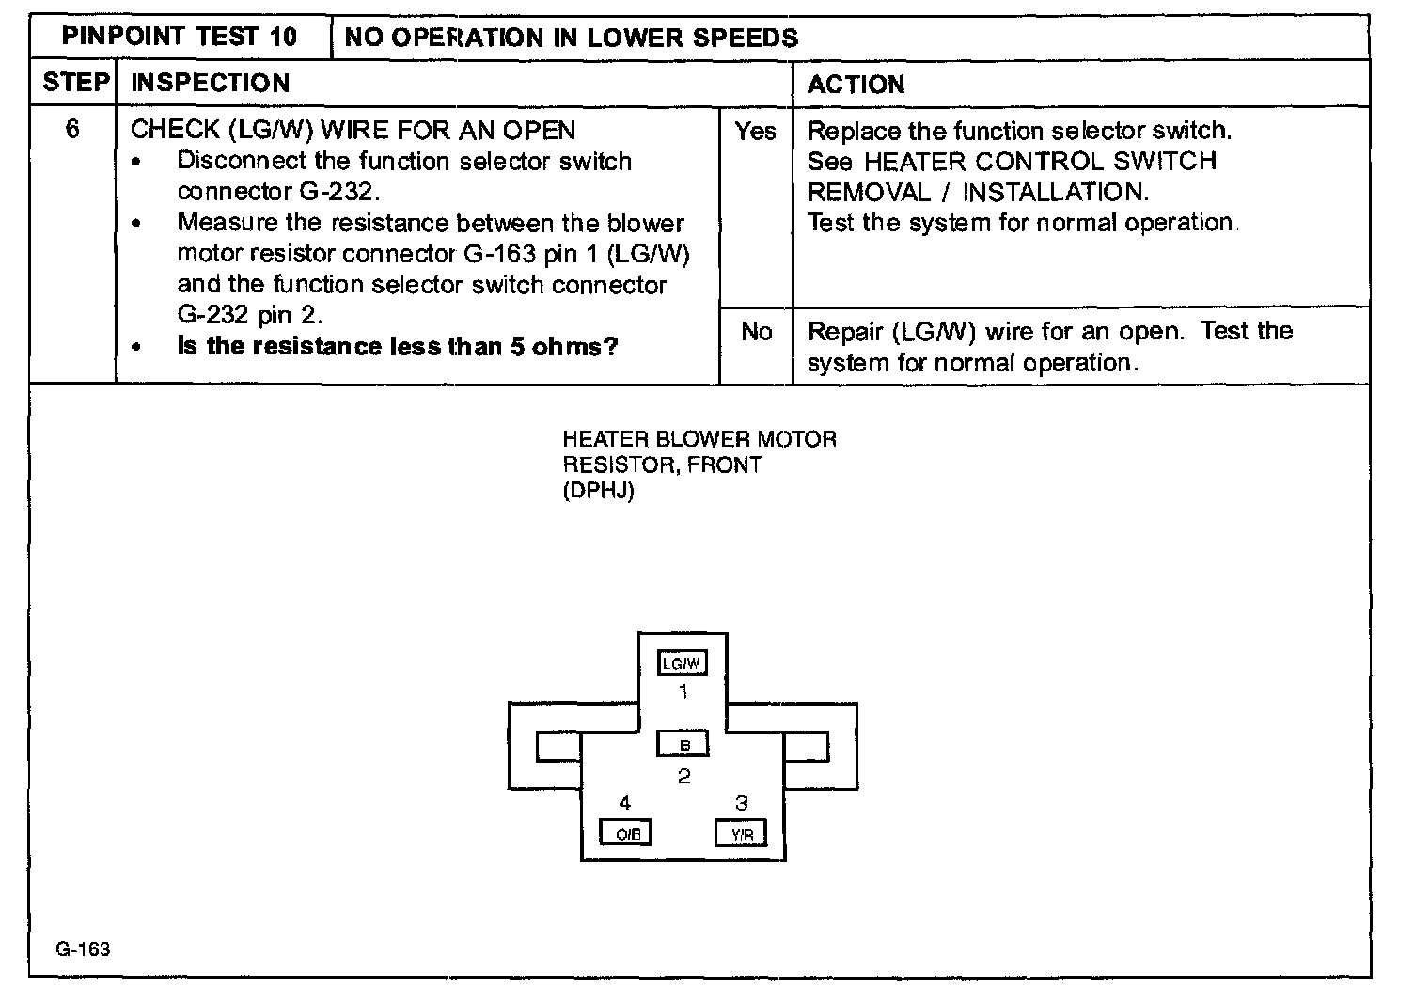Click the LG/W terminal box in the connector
[x=683, y=663]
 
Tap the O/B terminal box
[x=626, y=833]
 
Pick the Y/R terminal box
[x=741, y=833]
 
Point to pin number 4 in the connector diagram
[x=625, y=803]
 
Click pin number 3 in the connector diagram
[x=742, y=803]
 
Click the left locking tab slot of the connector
[x=558, y=747]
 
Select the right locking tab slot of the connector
[x=806, y=747]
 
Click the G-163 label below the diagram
[x=83, y=949]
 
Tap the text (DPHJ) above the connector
[x=598, y=491]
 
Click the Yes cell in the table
[x=756, y=132]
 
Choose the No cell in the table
[x=756, y=332]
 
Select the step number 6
[x=72, y=129]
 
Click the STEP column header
[x=75, y=83]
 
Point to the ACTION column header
[x=856, y=85]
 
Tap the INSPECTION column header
[x=210, y=83]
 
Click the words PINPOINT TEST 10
[x=180, y=38]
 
